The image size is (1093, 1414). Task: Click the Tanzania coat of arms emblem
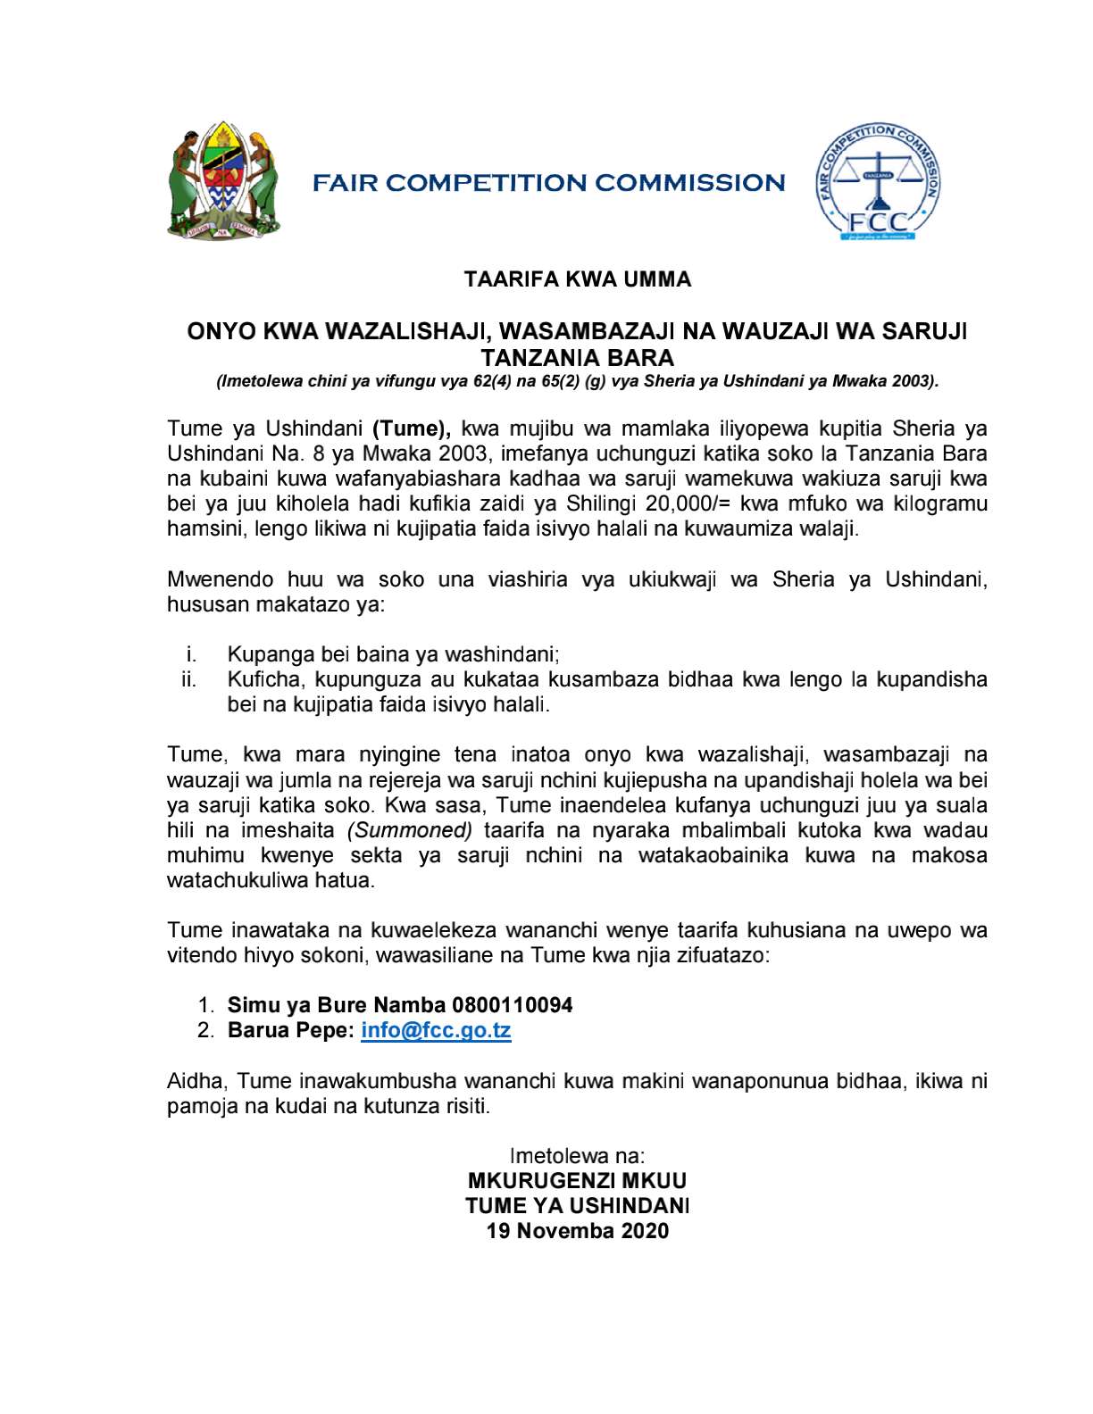[223, 180]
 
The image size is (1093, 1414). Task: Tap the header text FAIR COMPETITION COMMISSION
[548, 183]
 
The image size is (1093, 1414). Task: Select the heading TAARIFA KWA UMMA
[578, 279]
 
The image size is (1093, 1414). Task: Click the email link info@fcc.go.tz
[436, 1030]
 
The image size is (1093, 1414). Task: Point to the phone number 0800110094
[513, 1005]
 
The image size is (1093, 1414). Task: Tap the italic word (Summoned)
[410, 830]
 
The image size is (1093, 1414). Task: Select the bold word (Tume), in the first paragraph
[412, 428]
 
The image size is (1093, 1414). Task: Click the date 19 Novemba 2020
[578, 1231]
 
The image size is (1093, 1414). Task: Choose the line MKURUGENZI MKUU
[578, 1181]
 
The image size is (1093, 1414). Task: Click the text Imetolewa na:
[578, 1156]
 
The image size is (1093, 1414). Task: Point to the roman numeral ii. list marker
[189, 679]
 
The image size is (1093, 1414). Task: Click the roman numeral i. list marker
[192, 654]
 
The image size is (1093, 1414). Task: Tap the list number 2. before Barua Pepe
[206, 1030]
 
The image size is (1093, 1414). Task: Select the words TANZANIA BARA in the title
[578, 358]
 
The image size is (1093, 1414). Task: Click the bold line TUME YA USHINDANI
[578, 1206]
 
